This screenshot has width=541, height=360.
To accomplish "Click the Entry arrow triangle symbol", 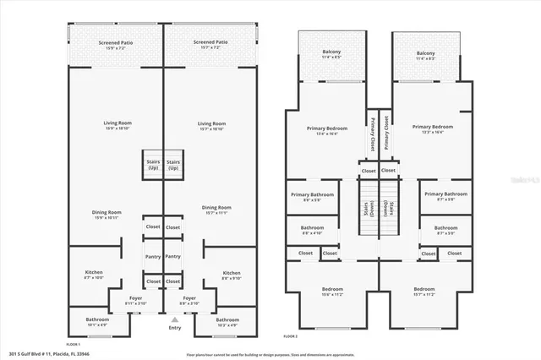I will [x=174, y=320].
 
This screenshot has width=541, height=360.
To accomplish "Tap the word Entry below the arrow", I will [x=174, y=328].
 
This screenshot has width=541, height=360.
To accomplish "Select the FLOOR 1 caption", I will [x=73, y=344].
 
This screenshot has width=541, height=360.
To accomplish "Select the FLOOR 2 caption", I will [x=291, y=336].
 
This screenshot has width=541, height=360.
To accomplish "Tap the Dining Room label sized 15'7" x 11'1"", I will [x=216, y=210].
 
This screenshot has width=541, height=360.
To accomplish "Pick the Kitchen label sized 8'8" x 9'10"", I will [x=232, y=275].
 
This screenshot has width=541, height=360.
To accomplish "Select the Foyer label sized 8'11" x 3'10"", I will [x=135, y=301].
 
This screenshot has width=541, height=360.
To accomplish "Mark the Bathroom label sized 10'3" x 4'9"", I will [x=227, y=322].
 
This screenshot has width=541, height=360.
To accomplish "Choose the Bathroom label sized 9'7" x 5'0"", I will [x=445, y=230].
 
